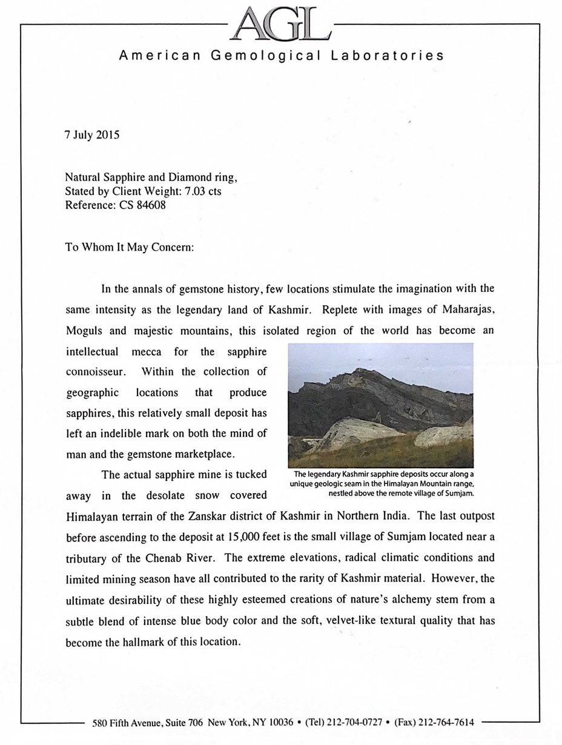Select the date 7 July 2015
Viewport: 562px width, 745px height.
pos(92,135)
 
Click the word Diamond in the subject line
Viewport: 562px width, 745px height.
pos(181,177)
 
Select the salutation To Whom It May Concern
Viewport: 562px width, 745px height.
pos(129,248)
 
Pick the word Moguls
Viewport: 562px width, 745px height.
pos(84,331)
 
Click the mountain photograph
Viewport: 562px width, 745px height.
pos(380,405)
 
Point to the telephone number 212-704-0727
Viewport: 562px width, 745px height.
pos(354,722)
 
